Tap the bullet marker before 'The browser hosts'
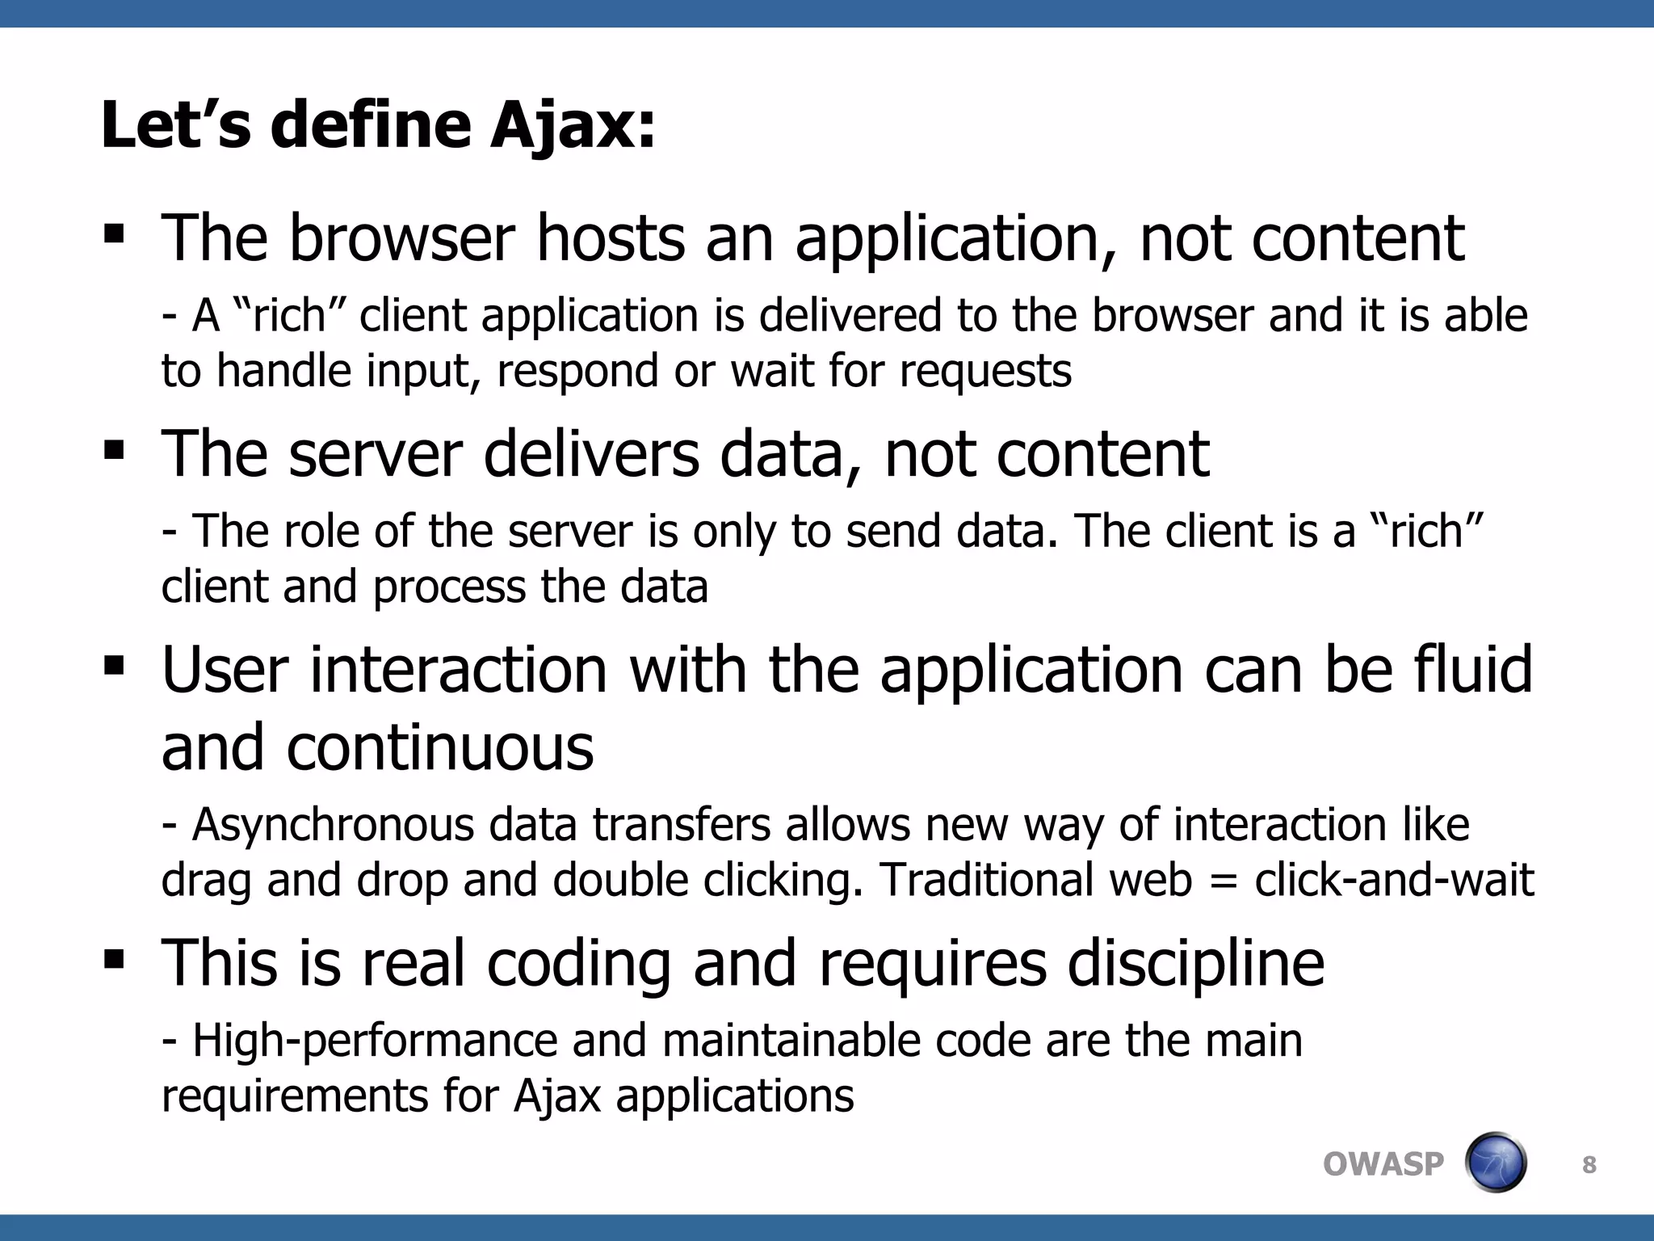tap(114, 235)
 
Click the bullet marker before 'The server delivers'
tap(114, 450)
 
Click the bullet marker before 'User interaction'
tap(114, 666)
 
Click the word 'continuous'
tap(439, 747)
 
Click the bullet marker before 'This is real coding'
tap(114, 959)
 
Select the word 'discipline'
tap(1195, 964)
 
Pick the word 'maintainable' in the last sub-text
tap(790, 1041)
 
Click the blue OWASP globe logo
tap(1495, 1163)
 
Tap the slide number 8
tap(1589, 1165)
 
